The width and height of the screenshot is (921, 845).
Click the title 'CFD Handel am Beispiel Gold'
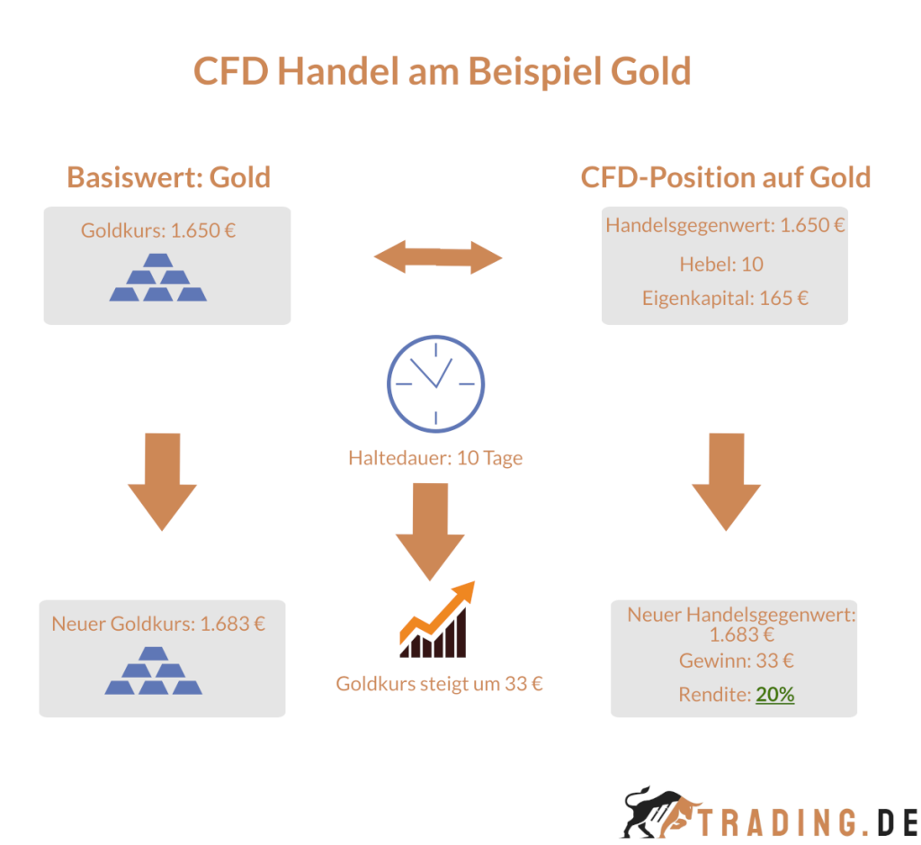point(442,70)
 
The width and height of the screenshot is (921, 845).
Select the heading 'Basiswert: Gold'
point(168,176)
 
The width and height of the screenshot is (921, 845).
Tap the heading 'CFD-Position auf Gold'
point(725,176)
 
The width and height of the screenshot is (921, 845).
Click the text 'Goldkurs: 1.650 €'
point(158,230)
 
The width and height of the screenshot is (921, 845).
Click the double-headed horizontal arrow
point(438,259)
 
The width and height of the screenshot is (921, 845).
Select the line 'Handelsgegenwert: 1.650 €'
point(725,225)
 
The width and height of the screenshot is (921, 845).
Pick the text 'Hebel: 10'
point(725,264)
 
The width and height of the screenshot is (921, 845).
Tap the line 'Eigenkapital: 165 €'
point(725,298)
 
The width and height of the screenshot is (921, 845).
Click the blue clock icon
point(435,382)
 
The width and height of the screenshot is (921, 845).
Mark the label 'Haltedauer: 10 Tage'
point(435,458)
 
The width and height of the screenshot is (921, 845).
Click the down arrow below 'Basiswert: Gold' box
point(162,481)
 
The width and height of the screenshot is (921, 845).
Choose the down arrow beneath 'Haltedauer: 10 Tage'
point(430,531)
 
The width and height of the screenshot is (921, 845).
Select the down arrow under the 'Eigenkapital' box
point(726,481)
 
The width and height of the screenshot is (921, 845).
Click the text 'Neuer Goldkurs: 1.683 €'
point(158,624)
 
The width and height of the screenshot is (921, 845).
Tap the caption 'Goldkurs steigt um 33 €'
point(440,684)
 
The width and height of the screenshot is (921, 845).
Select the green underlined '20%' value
point(774,695)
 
